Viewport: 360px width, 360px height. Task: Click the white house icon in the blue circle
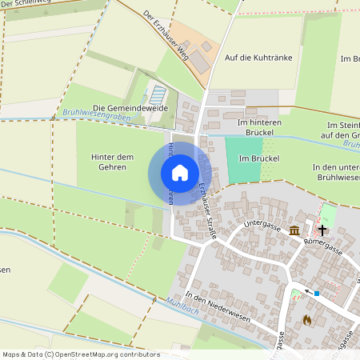click(x=180, y=173)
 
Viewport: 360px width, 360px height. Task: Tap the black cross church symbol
click(x=322, y=230)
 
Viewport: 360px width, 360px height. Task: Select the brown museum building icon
click(x=295, y=232)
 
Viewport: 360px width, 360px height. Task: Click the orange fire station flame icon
click(x=306, y=319)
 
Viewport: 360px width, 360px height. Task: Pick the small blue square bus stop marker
click(x=317, y=294)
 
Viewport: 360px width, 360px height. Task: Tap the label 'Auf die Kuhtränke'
click(x=258, y=58)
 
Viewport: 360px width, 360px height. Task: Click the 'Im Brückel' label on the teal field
click(x=258, y=158)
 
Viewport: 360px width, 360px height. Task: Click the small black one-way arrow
click(x=299, y=291)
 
